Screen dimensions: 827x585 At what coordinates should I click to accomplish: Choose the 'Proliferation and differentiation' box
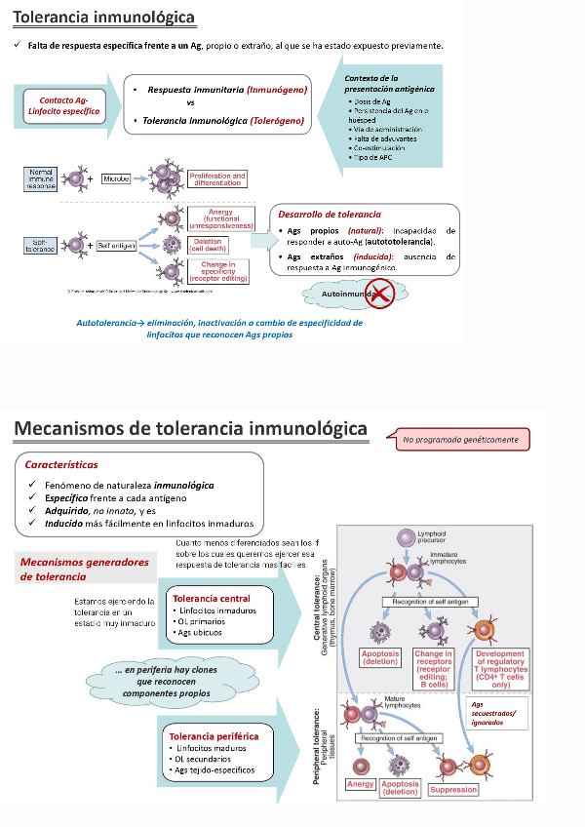(x=217, y=179)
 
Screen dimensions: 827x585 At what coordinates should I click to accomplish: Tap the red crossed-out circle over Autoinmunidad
(x=379, y=292)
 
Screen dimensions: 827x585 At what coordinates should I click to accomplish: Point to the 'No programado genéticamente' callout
(x=459, y=439)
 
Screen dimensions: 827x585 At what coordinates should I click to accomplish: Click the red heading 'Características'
(x=61, y=465)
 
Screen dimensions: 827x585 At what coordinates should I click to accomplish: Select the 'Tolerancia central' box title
(x=211, y=599)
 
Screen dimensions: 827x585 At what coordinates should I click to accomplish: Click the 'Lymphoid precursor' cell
(x=407, y=537)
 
